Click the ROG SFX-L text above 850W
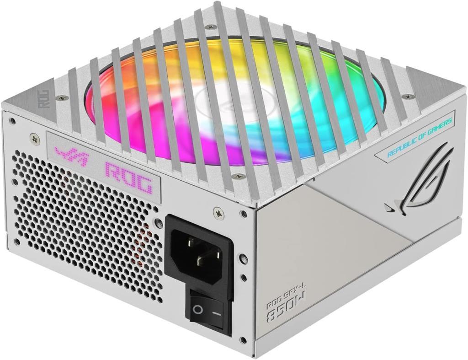(x=287, y=296)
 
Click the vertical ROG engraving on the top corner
(x=44, y=99)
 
